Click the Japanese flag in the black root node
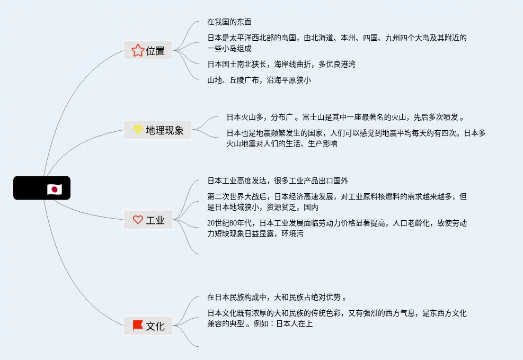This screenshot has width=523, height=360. point(54,189)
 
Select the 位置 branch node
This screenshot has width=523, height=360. point(148,51)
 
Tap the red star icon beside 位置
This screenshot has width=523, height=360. point(137,51)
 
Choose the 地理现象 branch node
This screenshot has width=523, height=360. point(157,130)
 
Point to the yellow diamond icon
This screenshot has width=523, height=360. point(137,130)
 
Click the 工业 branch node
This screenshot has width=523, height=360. point(148,220)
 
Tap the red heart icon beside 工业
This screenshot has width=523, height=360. point(137,220)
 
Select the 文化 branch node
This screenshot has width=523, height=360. point(148,326)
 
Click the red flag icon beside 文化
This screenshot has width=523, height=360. point(137,326)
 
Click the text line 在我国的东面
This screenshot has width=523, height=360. point(229,22)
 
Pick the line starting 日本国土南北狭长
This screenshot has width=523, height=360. point(281,64)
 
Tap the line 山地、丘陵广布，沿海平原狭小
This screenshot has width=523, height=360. point(259,80)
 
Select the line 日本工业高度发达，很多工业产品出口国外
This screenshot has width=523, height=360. point(278,181)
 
